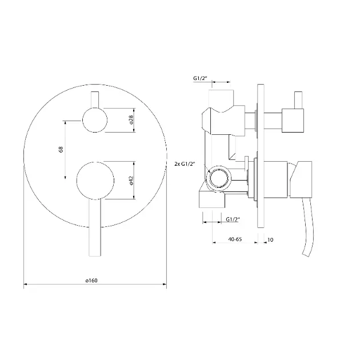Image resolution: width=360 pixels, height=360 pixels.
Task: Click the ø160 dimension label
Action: (91, 281)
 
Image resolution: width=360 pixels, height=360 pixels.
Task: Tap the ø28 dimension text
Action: (131, 119)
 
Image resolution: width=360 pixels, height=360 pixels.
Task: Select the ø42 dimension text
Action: (131, 180)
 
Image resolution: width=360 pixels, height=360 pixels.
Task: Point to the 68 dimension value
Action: (61, 150)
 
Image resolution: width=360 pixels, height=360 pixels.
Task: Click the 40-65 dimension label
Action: (235, 239)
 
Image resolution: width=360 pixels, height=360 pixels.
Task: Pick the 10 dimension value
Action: (270, 239)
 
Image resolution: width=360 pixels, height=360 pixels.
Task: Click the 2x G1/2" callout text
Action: (185, 164)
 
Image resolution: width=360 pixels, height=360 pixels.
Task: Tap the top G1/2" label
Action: (200, 78)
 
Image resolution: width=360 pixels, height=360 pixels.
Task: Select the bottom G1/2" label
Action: (233, 219)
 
